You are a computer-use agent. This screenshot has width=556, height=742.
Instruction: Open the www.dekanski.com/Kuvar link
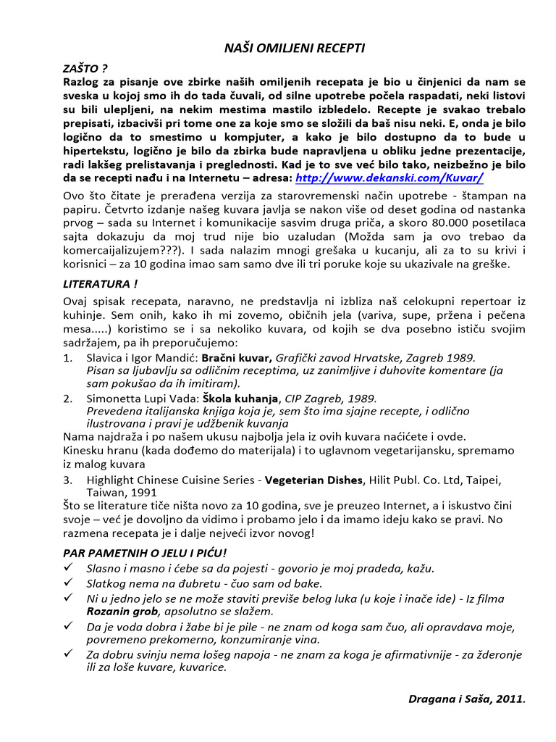click(389, 178)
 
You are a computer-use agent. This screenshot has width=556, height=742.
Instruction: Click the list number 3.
click(67, 480)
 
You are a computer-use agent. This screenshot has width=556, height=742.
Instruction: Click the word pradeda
click(375, 568)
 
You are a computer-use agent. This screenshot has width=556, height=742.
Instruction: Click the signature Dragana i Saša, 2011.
click(466, 699)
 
